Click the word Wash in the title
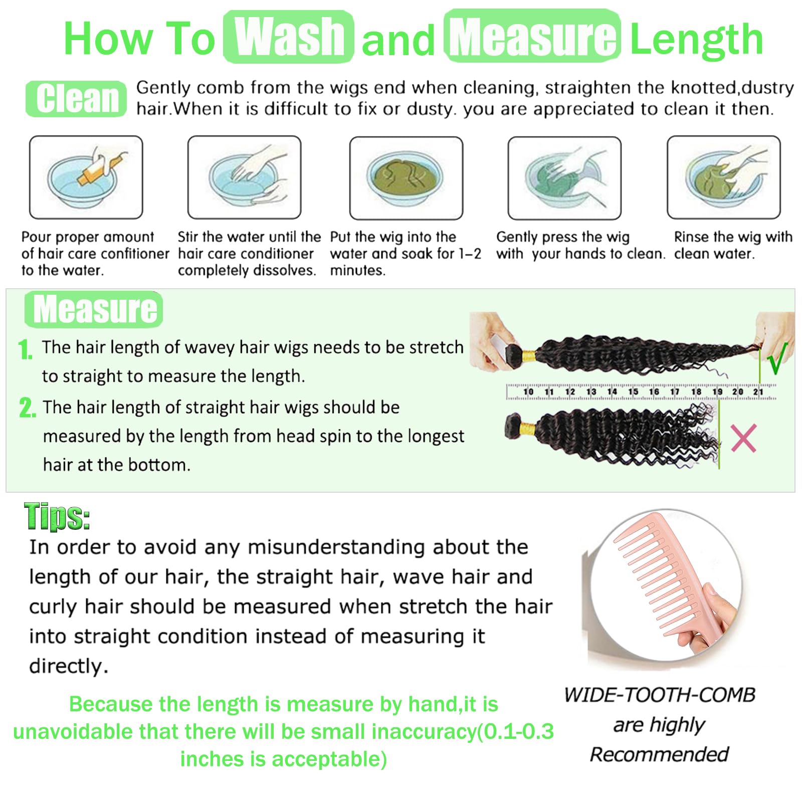pos(289,37)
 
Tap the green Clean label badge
pos(76,98)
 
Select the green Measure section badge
pos(94,309)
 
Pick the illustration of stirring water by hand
pos(245,177)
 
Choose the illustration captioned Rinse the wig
pos(724,177)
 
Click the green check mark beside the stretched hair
pos(777,358)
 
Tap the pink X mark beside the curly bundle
pos(743,438)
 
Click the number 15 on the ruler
pos(633,391)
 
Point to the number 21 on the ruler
pos(758,391)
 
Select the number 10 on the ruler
pos(528,391)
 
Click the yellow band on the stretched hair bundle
pos(528,356)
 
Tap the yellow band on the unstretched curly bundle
pos(527,430)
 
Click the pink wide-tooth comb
pos(667,576)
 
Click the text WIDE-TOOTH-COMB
pos(660,695)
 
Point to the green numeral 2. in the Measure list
pos(28,408)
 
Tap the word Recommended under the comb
pos(659,754)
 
